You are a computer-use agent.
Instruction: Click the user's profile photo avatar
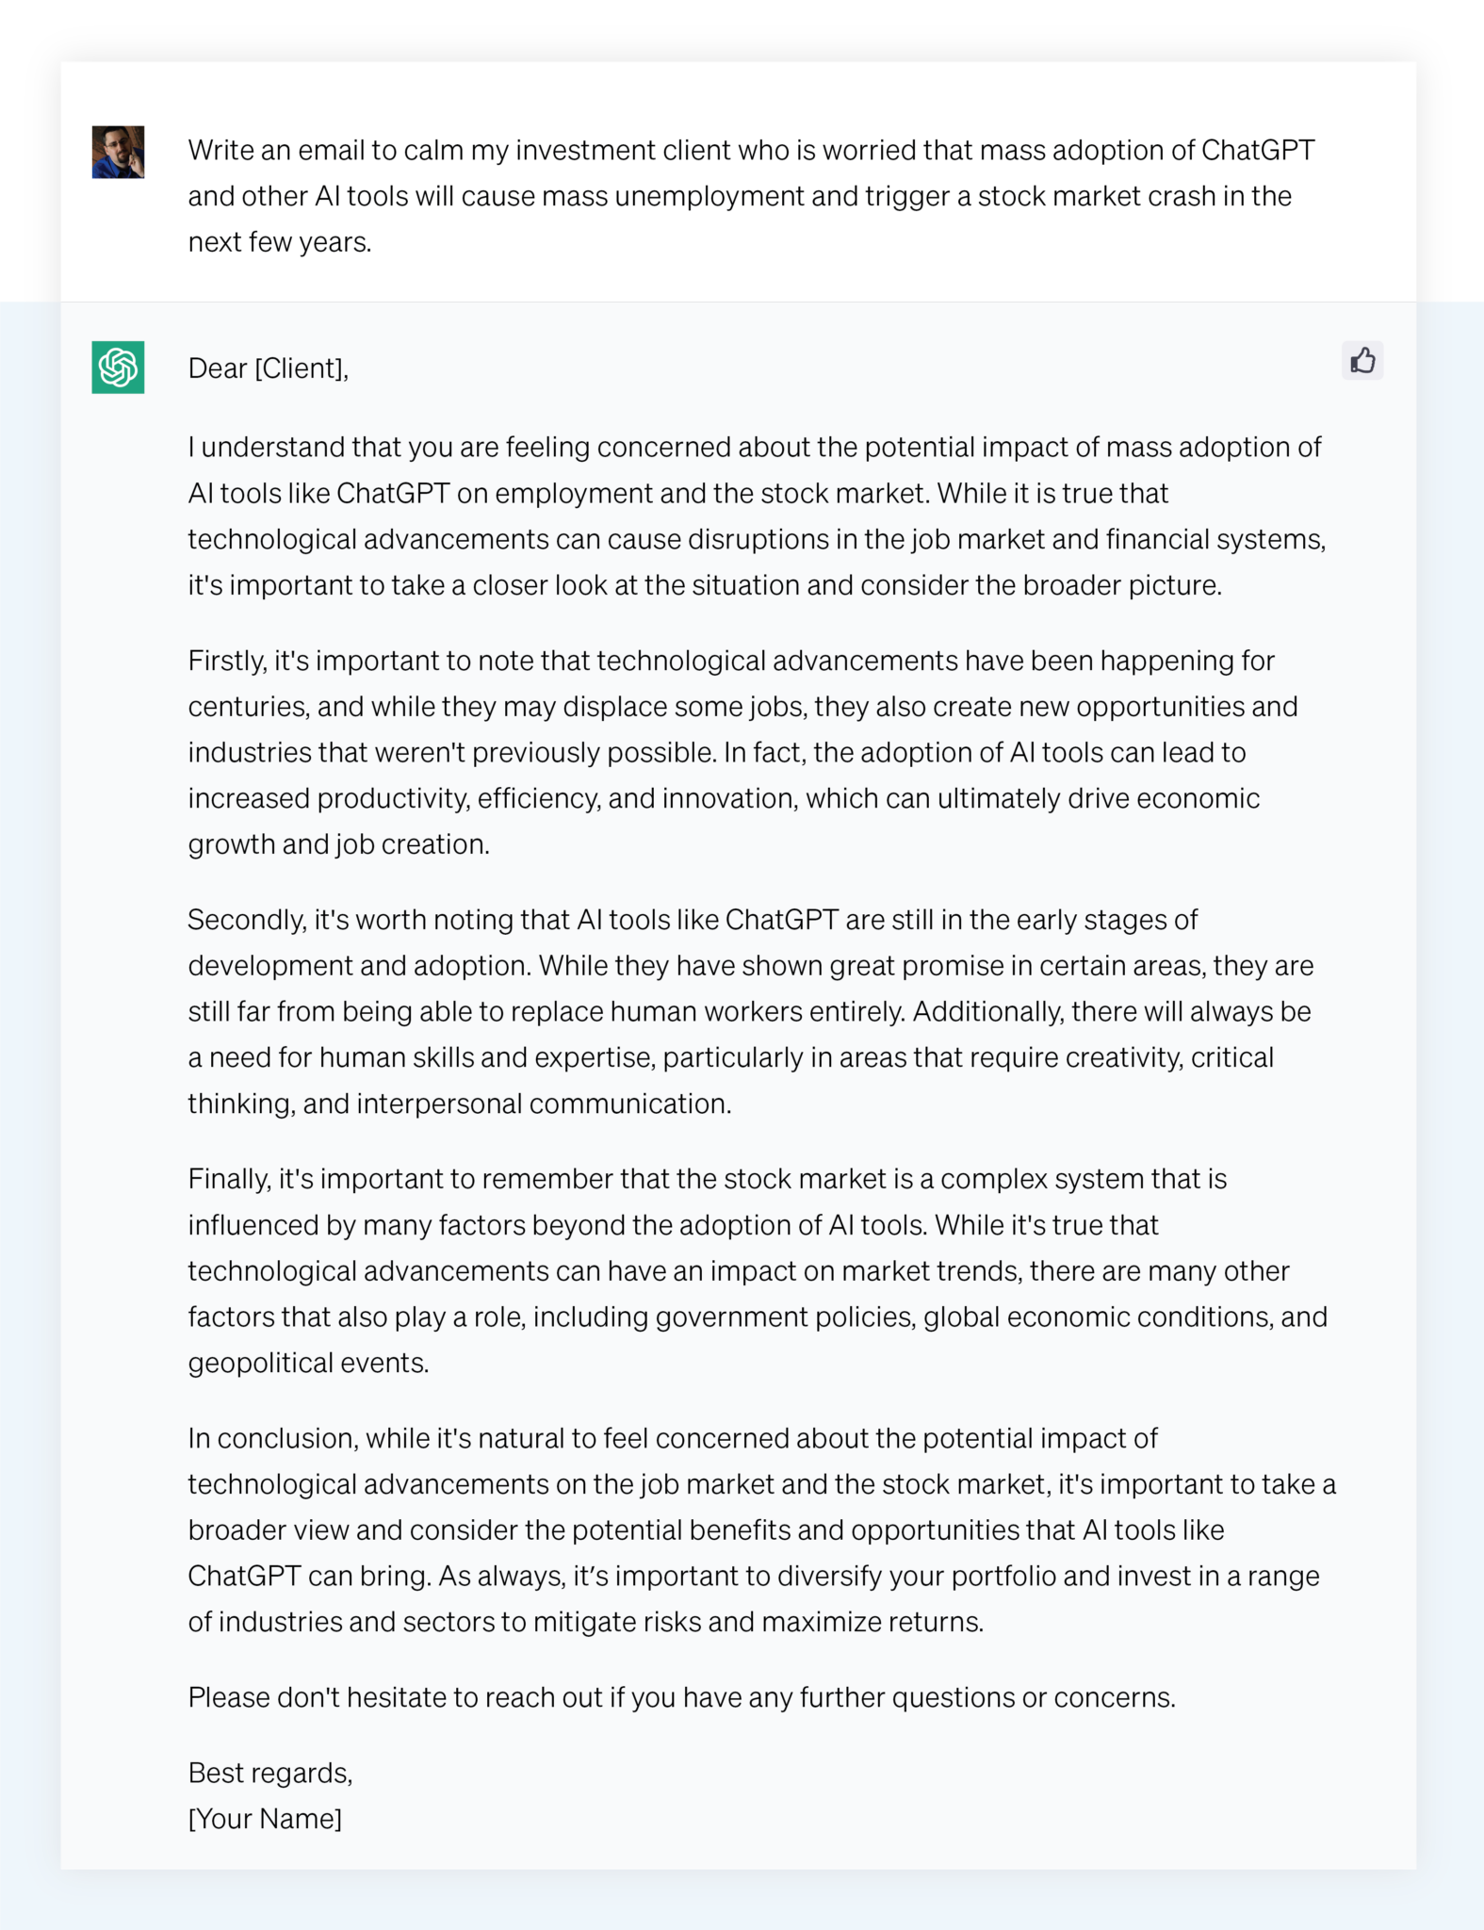tap(118, 152)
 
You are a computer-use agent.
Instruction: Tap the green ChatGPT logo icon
tap(118, 367)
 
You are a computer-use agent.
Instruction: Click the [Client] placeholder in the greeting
tap(301, 368)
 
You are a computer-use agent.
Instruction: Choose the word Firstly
tap(226, 661)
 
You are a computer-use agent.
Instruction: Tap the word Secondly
tap(247, 920)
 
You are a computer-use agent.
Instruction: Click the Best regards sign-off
tap(270, 1773)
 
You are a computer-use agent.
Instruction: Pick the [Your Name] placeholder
tap(265, 1819)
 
